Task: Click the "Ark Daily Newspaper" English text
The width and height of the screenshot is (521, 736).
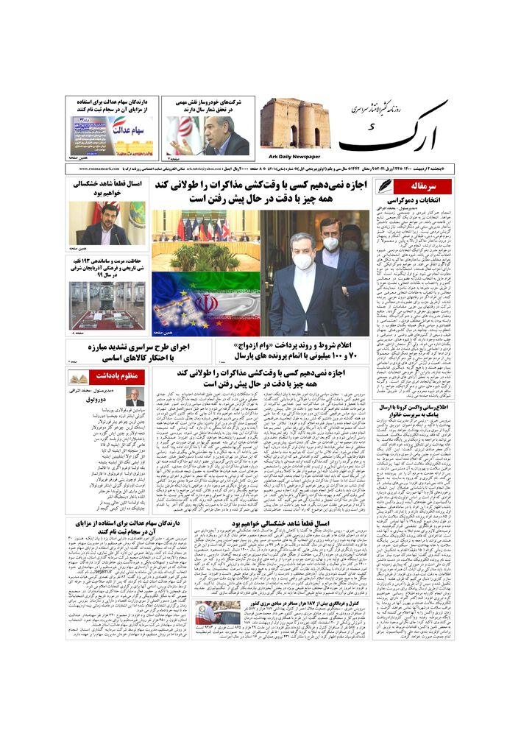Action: click(291, 157)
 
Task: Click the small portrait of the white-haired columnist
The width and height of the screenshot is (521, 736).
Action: click(134, 398)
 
